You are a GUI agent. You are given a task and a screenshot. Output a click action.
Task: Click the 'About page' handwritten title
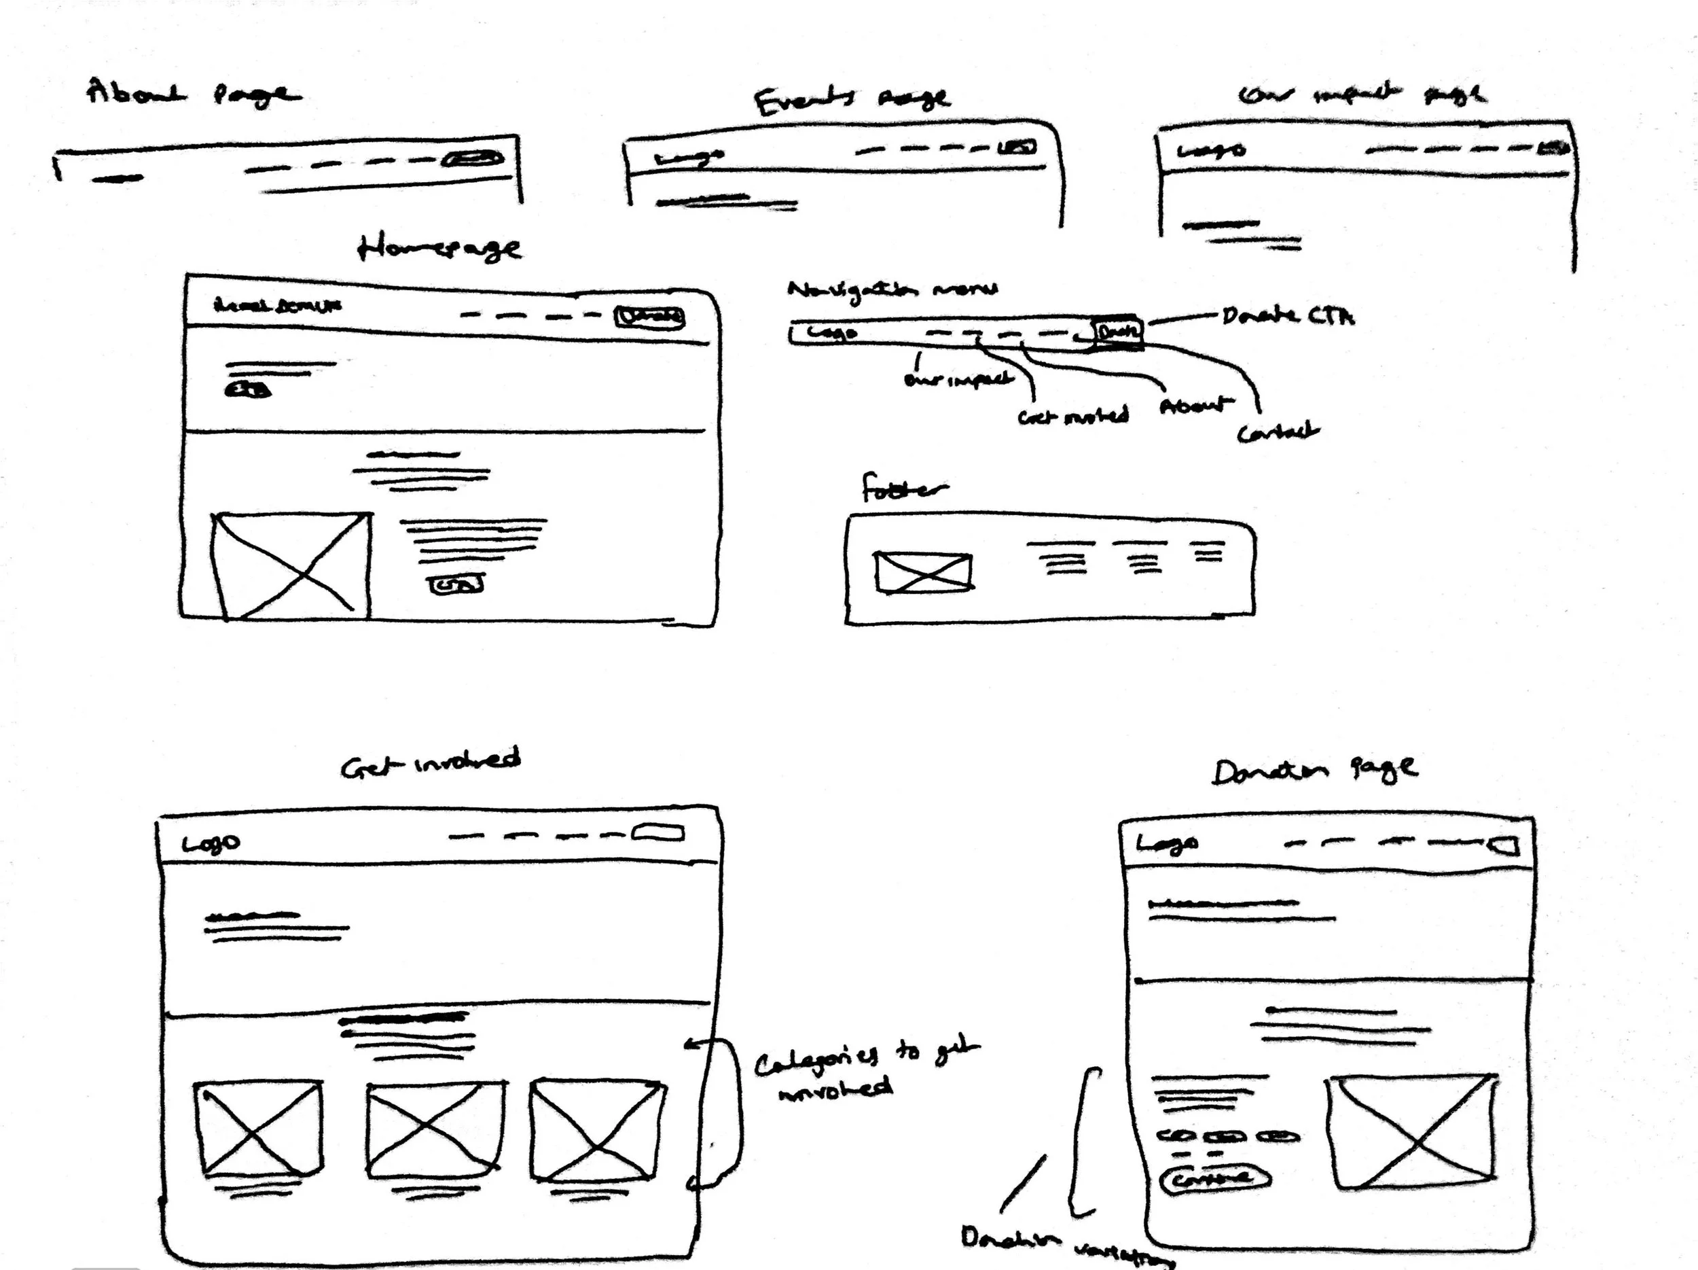click(192, 94)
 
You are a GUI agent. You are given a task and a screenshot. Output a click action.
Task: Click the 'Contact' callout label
click(1278, 431)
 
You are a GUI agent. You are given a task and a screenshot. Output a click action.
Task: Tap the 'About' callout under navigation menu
click(1195, 406)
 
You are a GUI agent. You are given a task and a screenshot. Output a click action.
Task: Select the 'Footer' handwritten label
click(903, 489)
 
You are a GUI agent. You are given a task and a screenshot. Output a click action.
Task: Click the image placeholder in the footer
click(924, 573)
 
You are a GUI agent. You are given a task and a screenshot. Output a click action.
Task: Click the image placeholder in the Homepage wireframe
click(291, 566)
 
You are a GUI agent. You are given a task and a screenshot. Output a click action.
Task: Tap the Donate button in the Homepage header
click(649, 317)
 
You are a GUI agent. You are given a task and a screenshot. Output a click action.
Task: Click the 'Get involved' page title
click(430, 762)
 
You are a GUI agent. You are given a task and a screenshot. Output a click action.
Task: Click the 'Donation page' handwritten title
click(1314, 769)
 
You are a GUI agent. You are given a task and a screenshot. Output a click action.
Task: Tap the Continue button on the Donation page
click(1215, 1179)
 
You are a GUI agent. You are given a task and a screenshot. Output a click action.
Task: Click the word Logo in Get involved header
click(211, 844)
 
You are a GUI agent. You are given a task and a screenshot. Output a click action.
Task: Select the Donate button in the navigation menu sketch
click(1118, 332)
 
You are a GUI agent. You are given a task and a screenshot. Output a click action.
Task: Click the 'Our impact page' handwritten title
click(1362, 94)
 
